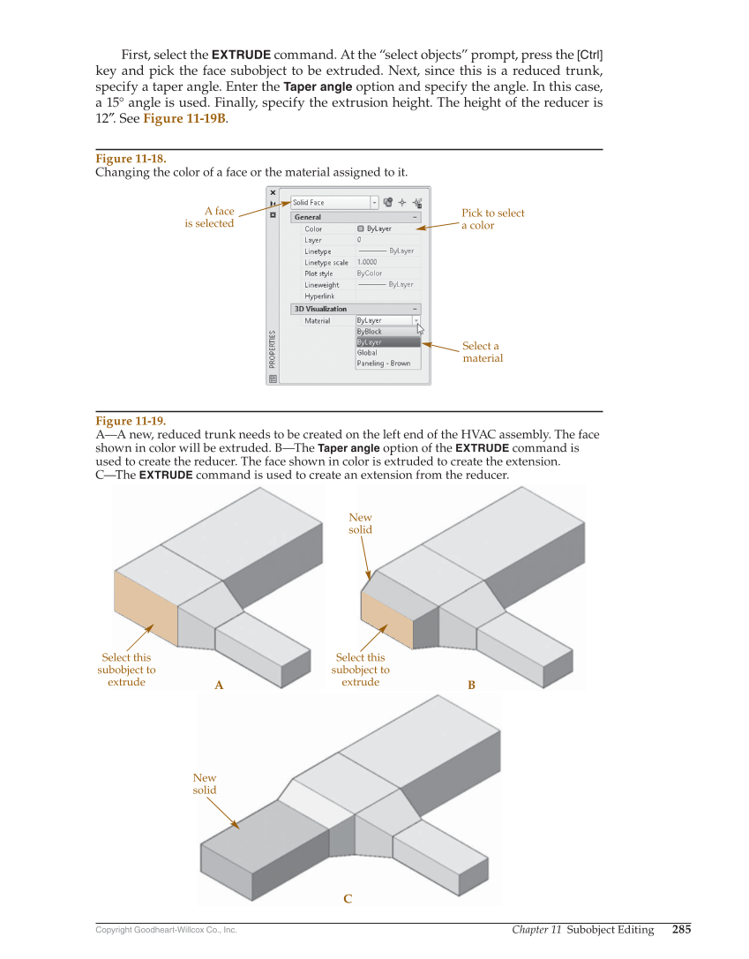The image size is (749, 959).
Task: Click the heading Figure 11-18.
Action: click(x=131, y=159)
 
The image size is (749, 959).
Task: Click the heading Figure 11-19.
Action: click(x=131, y=421)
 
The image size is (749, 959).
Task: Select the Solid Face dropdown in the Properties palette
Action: click(x=334, y=202)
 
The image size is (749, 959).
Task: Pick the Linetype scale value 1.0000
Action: click(x=367, y=262)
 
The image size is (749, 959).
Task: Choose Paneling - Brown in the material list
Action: click(x=383, y=363)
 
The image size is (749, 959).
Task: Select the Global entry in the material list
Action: click(x=367, y=353)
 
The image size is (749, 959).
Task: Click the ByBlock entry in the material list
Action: click(x=370, y=332)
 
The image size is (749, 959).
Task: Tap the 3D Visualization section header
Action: click(x=320, y=309)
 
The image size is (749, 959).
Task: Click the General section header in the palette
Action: click(x=308, y=217)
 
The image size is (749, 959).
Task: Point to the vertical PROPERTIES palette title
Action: click(x=273, y=349)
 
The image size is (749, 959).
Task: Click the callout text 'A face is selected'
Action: click(x=210, y=217)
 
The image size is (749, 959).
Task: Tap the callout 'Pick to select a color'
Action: click(x=492, y=219)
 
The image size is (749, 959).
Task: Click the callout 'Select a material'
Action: click(x=483, y=352)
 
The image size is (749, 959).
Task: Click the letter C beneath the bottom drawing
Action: click(x=348, y=899)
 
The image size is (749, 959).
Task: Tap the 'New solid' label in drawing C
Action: click(x=205, y=783)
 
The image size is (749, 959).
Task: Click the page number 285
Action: click(x=681, y=929)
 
